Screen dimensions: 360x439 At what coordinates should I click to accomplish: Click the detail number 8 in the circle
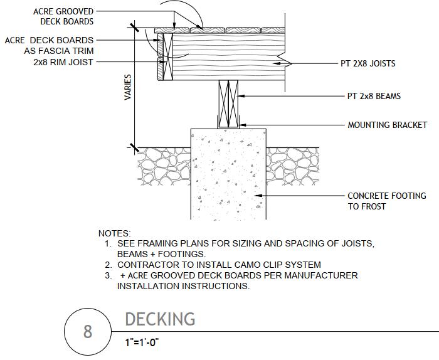(88, 331)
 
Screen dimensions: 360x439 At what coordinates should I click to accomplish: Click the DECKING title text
(160, 319)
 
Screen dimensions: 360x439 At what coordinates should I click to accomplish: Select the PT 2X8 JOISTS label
(368, 63)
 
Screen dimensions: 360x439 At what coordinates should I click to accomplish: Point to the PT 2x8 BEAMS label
(374, 97)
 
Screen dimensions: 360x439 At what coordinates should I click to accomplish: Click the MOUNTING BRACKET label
(387, 125)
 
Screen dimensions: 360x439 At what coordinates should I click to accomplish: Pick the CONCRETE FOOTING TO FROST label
(386, 201)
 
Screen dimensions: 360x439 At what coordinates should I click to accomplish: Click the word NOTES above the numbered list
(115, 233)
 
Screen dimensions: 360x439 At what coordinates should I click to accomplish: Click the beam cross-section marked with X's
(229, 104)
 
